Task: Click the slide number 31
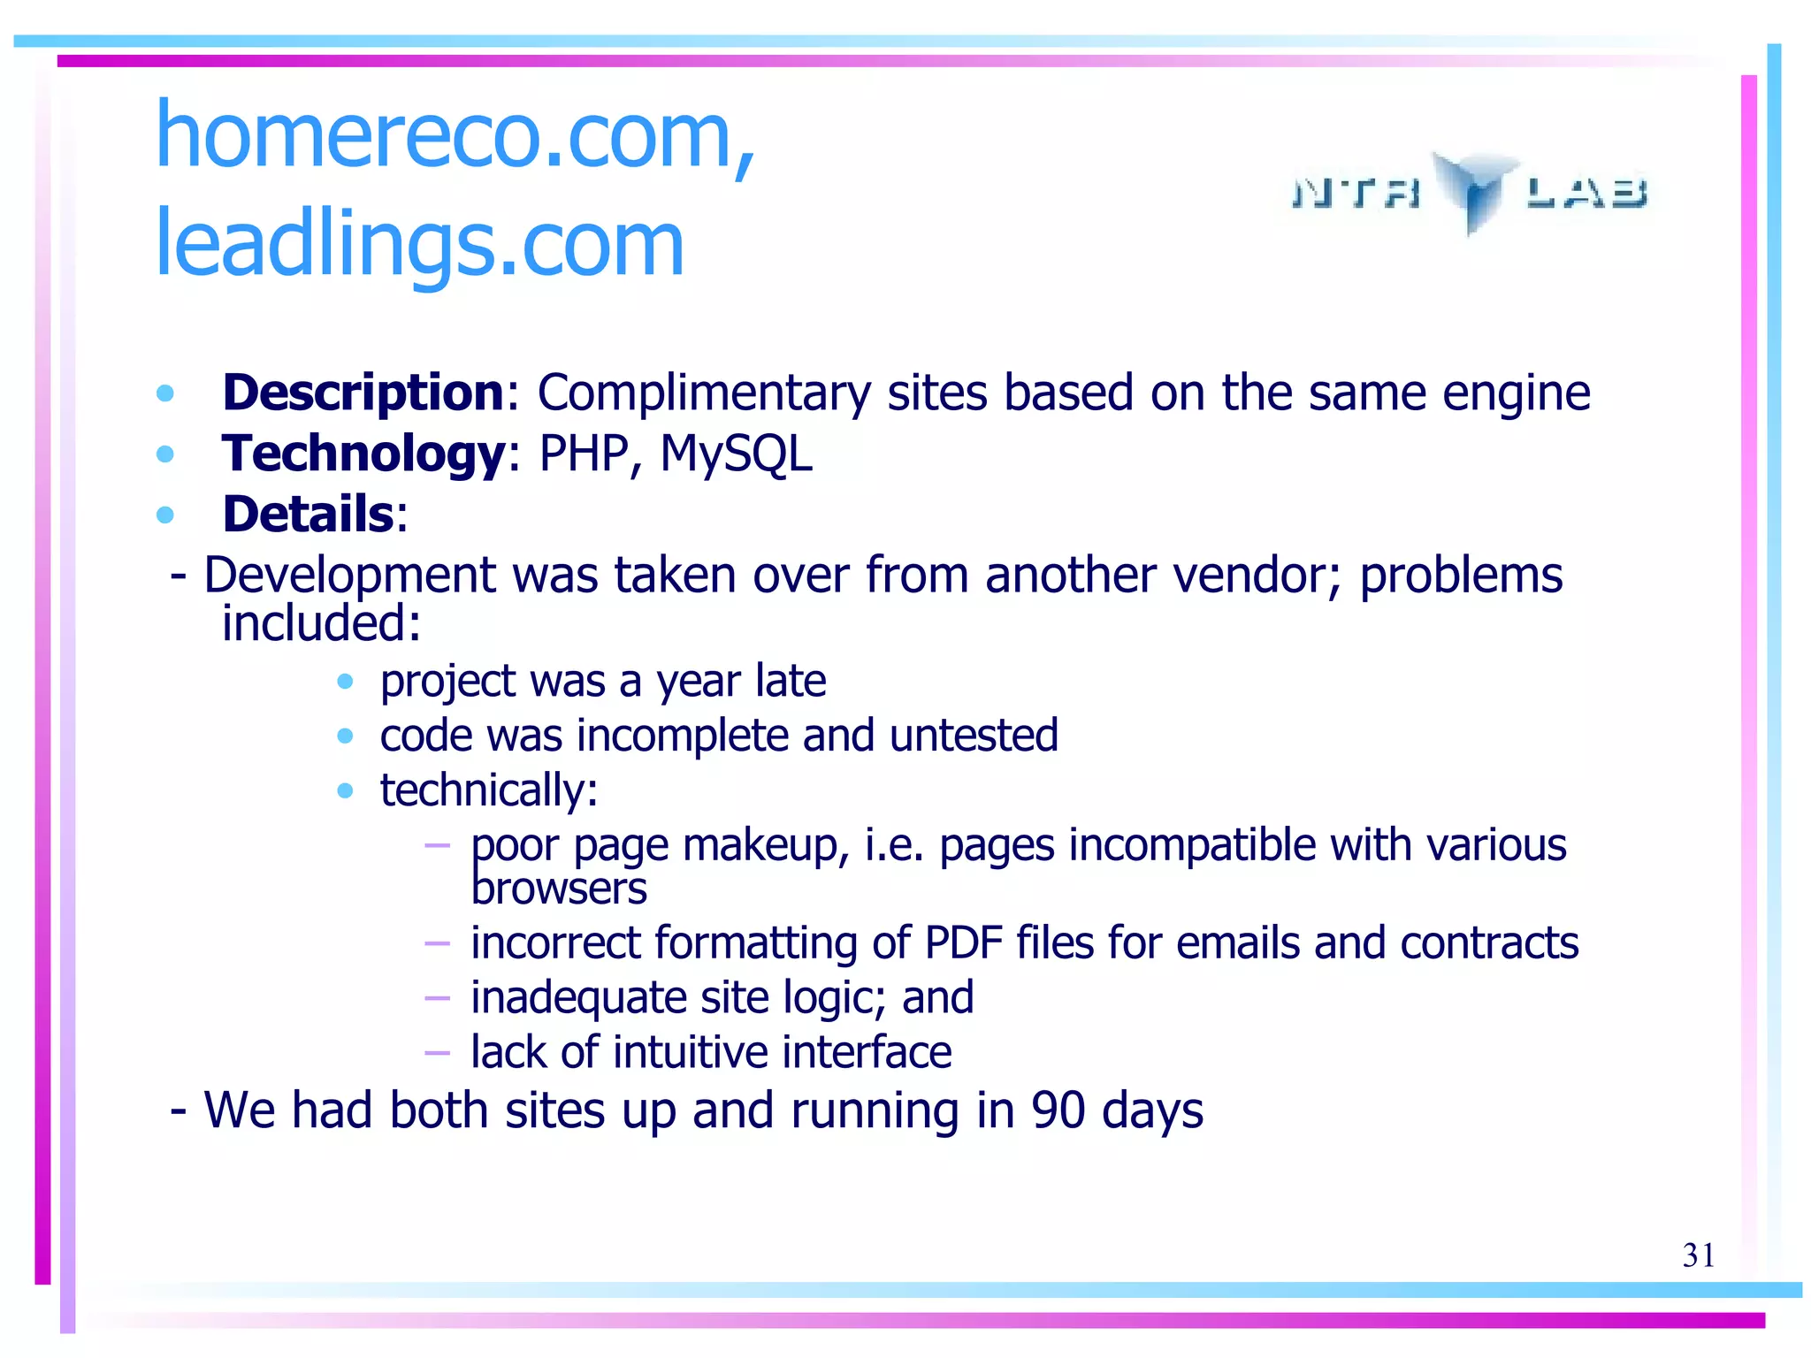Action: (1698, 1255)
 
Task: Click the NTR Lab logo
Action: (1470, 193)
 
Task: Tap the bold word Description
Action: (363, 393)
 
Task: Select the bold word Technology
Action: (363, 454)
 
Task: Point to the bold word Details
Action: (308, 515)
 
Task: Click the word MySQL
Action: (736, 454)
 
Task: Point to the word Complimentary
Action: (704, 393)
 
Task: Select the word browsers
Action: (559, 889)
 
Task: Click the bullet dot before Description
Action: (165, 393)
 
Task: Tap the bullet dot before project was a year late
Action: (346, 682)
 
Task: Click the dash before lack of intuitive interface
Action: (438, 1052)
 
